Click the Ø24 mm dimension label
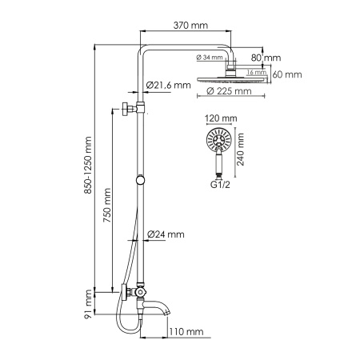pyautogui.click(x=166, y=234)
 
